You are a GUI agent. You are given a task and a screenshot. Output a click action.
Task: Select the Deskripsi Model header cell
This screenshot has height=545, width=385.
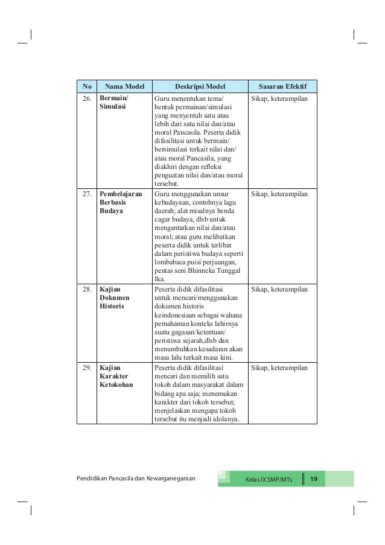[x=199, y=86]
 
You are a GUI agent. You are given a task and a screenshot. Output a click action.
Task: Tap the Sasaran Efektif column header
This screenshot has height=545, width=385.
[x=282, y=86]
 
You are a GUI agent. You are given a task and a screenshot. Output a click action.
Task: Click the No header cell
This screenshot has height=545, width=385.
[x=87, y=86]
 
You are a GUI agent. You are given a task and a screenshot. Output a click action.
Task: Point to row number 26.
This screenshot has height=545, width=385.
[x=87, y=97]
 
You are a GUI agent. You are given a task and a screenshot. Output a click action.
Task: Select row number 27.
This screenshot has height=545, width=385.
[x=87, y=194]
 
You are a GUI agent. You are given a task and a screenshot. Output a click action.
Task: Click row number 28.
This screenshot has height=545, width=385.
[x=87, y=290]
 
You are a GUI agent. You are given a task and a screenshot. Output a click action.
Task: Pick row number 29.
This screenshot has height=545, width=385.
[x=87, y=368]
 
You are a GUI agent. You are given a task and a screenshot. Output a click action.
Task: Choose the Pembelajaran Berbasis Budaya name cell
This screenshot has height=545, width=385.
[x=120, y=203]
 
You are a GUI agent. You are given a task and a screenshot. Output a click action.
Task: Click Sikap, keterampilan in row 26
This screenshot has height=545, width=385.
[x=279, y=97]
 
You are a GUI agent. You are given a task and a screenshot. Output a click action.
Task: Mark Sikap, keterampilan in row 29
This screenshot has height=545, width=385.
[x=279, y=368]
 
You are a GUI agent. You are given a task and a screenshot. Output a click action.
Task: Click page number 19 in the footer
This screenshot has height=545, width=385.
[x=313, y=479]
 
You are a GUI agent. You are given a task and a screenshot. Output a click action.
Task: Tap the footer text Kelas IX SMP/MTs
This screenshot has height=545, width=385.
[x=268, y=480]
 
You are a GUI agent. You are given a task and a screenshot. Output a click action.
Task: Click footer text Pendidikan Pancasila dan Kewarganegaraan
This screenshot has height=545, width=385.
[x=136, y=479]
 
